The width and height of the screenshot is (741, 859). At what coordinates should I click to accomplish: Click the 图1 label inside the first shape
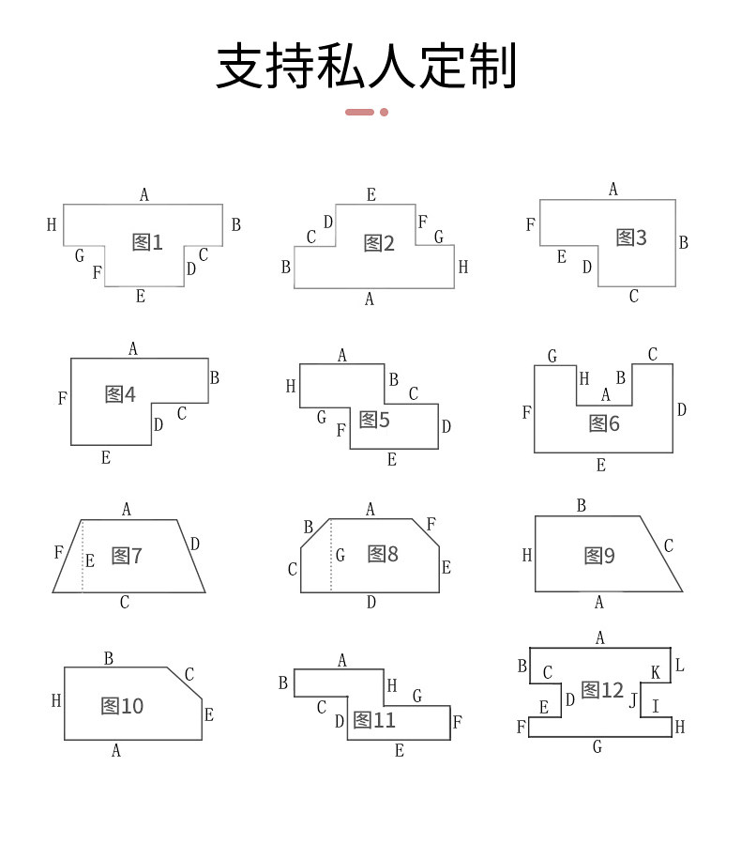point(147,242)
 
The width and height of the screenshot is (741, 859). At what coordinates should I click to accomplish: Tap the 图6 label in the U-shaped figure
point(604,423)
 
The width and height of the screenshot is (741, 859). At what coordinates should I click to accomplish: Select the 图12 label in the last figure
point(602,691)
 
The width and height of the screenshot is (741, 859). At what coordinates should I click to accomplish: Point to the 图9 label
point(599,556)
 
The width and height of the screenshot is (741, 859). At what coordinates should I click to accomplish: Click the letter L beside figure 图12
point(680,666)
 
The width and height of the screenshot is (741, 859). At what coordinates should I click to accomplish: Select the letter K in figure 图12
point(656,673)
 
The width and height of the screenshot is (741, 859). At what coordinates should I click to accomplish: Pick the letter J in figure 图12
point(633,699)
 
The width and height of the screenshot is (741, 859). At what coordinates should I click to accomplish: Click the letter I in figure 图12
point(656,706)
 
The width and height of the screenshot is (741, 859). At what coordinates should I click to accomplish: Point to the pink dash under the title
point(359,112)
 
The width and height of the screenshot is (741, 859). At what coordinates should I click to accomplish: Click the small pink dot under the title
point(384,112)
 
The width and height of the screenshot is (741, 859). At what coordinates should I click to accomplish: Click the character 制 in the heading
point(492,66)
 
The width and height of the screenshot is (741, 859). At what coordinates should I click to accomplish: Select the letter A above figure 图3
point(613,190)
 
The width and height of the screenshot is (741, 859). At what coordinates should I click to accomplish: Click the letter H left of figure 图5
point(291,386)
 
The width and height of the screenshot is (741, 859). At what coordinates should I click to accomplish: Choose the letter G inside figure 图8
point(340,556)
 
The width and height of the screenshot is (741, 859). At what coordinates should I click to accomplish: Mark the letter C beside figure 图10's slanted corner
point(189,674)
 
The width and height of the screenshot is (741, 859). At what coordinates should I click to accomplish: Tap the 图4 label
point(120,394)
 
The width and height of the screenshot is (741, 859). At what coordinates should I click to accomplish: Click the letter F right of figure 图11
point(457,722)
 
